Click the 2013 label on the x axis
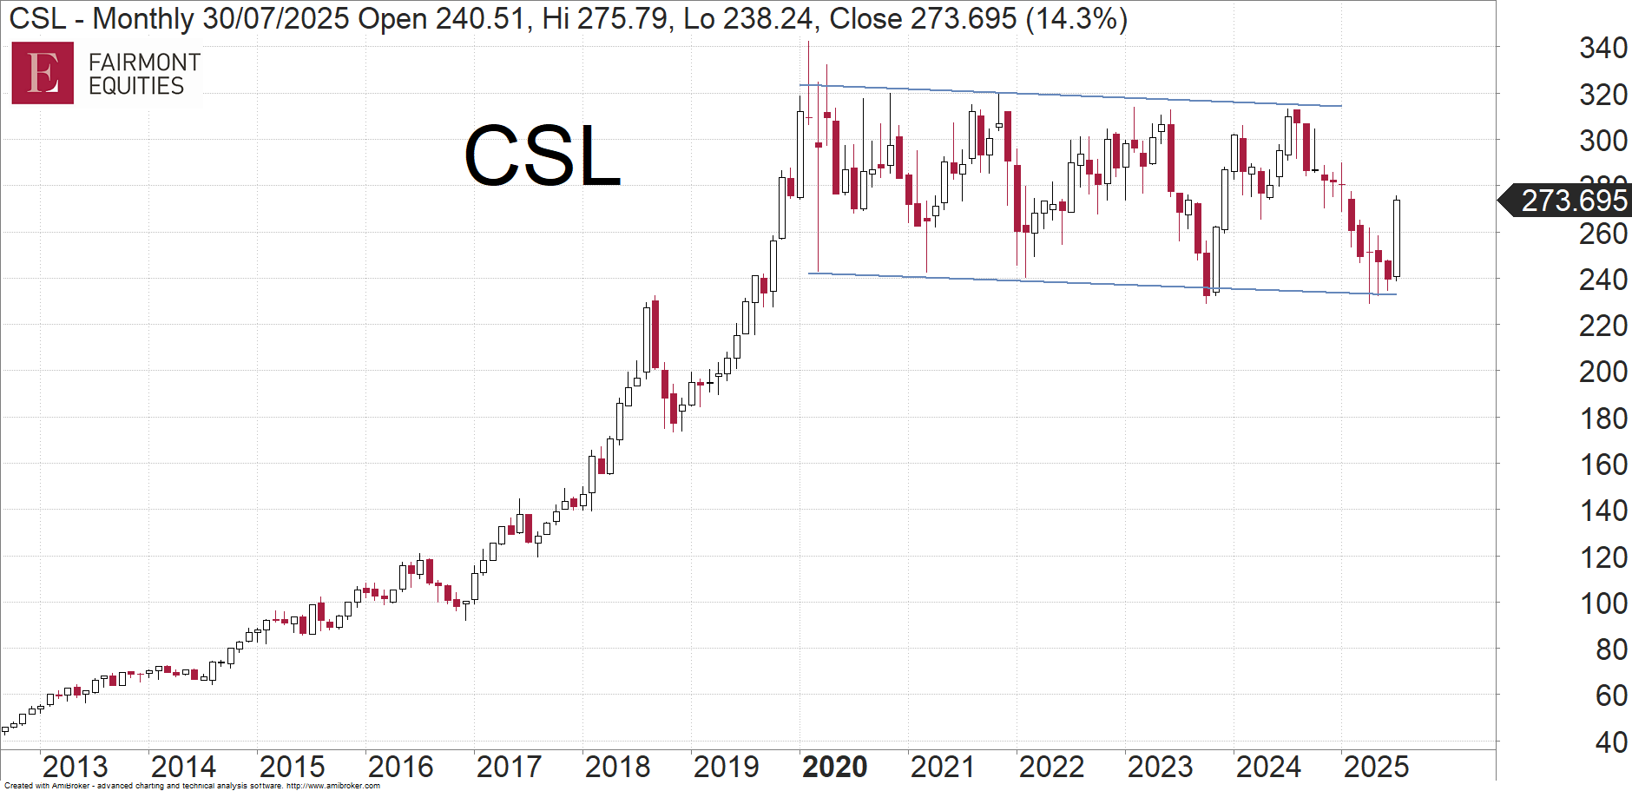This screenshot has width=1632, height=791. tap(75, 767)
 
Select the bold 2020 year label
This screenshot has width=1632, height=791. tap(834, 767)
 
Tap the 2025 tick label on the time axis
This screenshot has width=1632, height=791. tap(1376, 767)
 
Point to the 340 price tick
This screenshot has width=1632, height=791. tap(1602, 48)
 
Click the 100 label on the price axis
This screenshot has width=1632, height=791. tap(1602, 603)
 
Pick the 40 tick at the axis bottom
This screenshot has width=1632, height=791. tap(1611, 742)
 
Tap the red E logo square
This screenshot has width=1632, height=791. tap(43, 73)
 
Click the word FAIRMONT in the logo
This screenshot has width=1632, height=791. tap(144, 63)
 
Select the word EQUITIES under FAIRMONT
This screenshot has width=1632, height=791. tap(136, 86)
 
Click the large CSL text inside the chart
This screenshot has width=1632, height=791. tap(543, 156)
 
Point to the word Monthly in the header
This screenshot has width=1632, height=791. tap(143, 18)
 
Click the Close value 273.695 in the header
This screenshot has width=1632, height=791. tap(964, 18)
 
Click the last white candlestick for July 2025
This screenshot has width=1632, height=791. tap(1397, 238)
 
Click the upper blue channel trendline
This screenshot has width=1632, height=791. tap(1068, 96)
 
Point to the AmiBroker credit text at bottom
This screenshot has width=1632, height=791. tap(192, 786)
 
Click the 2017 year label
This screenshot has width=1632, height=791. tap(509, 767)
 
